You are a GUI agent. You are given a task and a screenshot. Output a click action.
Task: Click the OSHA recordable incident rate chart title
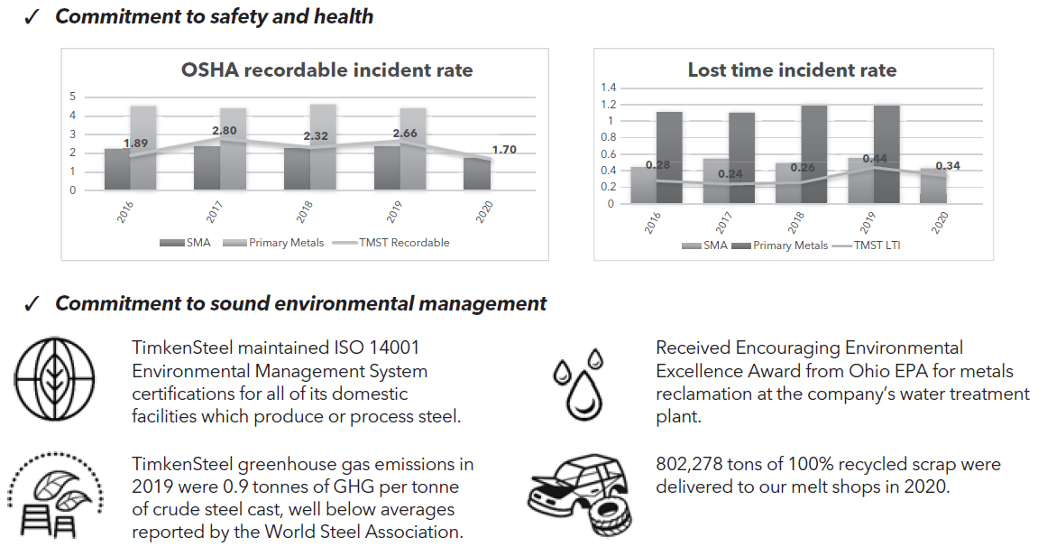pos(326,70)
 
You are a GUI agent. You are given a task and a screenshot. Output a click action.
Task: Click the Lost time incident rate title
pos(792,70)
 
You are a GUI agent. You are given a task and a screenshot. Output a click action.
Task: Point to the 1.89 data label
pos(136,144)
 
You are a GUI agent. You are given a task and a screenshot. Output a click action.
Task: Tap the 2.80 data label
pos(224,131)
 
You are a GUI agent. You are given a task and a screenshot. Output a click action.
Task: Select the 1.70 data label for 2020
pos(504,150)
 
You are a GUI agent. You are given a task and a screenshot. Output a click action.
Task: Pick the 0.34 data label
pos(948,166)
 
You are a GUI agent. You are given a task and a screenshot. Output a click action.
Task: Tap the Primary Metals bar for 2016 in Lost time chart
pos(669,158)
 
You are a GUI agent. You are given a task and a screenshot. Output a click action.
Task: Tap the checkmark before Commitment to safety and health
pos(32,18)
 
